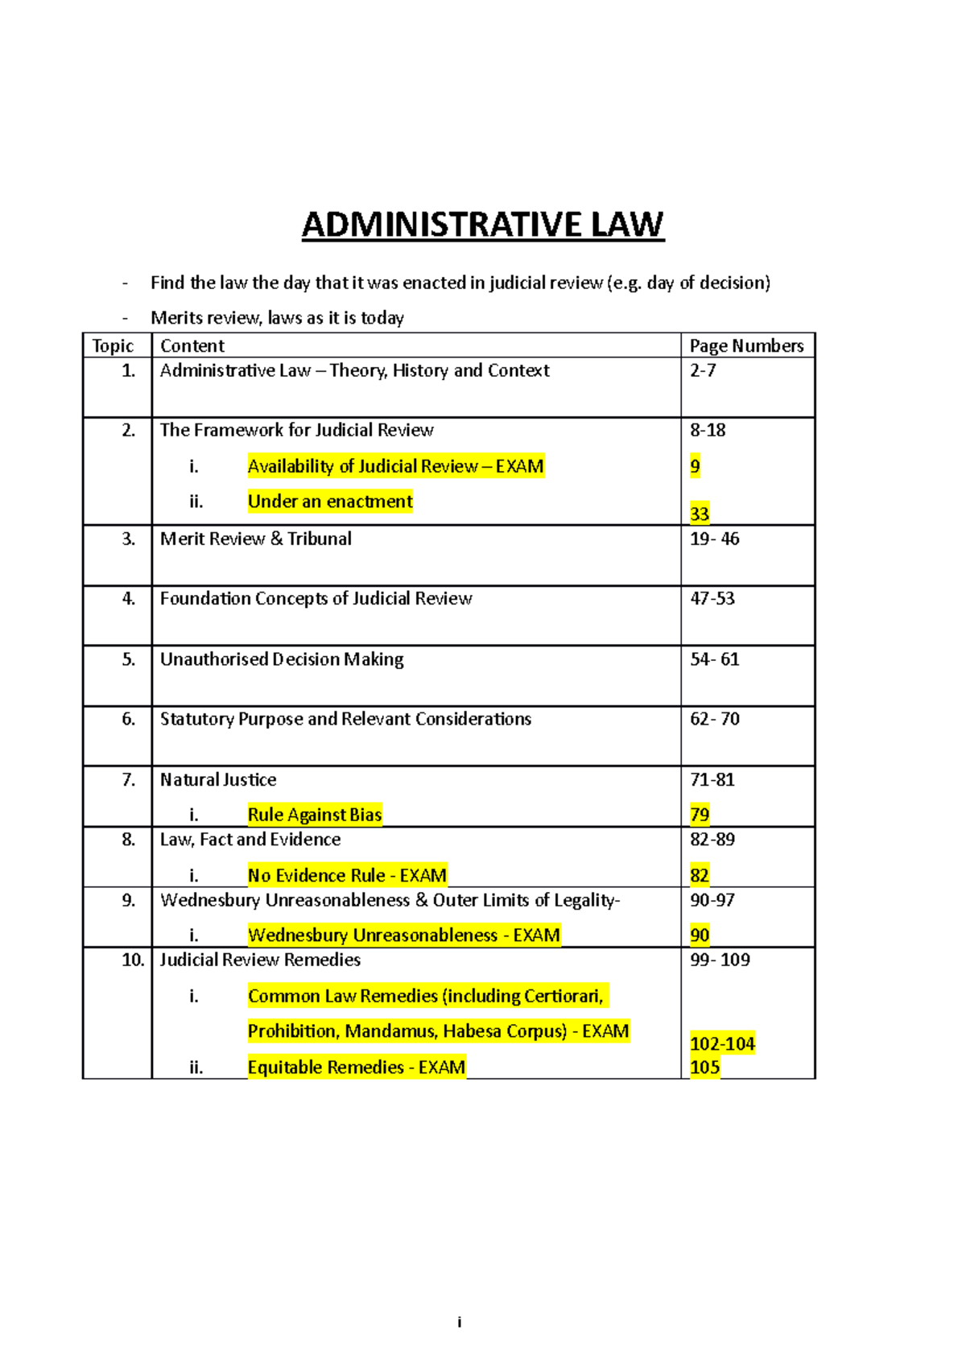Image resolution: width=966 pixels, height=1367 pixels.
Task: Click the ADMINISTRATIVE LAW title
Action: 482,225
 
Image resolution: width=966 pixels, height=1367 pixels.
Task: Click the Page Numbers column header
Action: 746,345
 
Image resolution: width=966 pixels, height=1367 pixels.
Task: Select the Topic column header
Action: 113,345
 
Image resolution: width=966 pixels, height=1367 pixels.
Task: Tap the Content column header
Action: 192,345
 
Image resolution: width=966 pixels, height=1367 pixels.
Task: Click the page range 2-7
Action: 703,370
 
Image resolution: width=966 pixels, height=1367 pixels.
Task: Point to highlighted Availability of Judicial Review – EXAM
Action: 395,466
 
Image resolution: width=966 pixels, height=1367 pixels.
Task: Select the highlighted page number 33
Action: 700,514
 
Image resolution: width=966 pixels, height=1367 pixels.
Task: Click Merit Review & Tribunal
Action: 255,539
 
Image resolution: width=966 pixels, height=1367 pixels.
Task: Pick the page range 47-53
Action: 712,598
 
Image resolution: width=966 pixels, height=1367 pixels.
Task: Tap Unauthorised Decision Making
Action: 282,659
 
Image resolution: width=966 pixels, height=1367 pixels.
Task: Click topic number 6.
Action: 129,719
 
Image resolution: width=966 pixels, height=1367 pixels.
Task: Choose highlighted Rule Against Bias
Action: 314,815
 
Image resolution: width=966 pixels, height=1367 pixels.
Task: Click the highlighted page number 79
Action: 700,815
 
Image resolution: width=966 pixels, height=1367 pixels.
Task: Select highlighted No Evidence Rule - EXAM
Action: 347,875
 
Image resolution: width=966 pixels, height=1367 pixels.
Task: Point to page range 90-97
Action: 712,900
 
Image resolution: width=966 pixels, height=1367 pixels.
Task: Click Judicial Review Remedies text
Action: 260,960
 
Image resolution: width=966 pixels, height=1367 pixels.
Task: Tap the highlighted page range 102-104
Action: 722,1043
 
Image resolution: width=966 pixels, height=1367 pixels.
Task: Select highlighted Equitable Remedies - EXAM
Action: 356,1068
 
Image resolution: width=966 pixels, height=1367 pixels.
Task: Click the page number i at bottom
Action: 459,1322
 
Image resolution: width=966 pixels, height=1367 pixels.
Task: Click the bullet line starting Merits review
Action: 277,318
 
